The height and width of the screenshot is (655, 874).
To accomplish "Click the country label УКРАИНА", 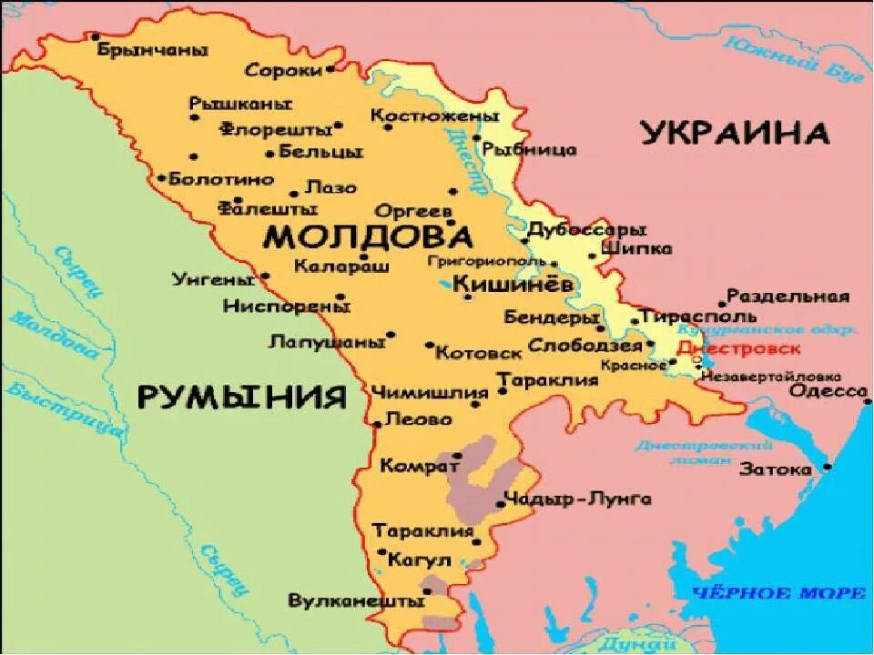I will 736,133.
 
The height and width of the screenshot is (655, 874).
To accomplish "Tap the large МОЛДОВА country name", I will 368,237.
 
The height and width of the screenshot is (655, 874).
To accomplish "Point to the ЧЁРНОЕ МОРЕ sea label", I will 778,593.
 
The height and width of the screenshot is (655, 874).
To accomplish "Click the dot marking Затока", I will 827,467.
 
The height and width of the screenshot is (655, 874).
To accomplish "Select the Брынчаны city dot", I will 95,37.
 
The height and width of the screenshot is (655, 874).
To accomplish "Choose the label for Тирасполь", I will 697,317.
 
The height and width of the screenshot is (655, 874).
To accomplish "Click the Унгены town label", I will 214,279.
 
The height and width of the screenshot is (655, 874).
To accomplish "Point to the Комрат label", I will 419,466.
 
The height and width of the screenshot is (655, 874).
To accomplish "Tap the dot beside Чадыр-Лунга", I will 500,503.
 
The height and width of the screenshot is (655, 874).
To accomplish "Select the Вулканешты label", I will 356,601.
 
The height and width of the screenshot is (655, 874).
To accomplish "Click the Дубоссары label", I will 587,229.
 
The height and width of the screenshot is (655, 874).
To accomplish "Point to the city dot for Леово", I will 377,424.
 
